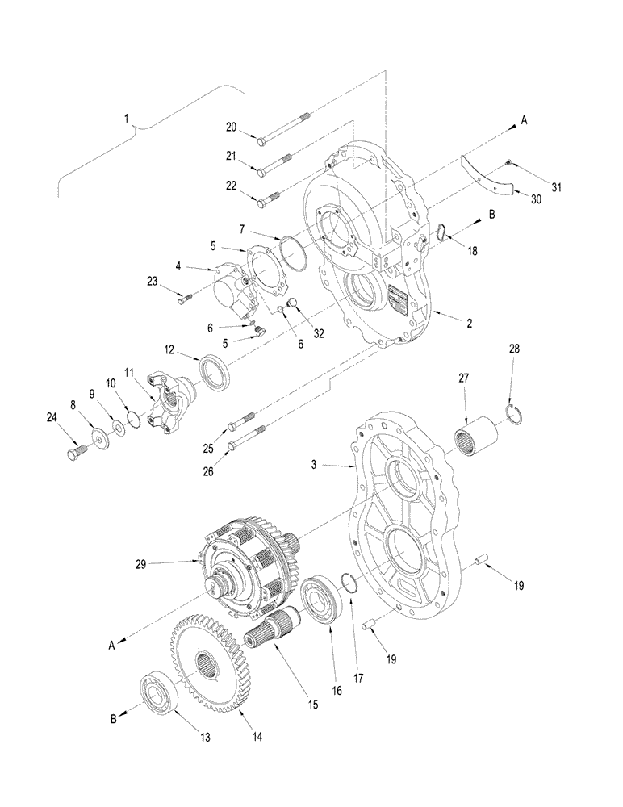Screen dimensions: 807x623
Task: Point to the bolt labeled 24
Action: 73,451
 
